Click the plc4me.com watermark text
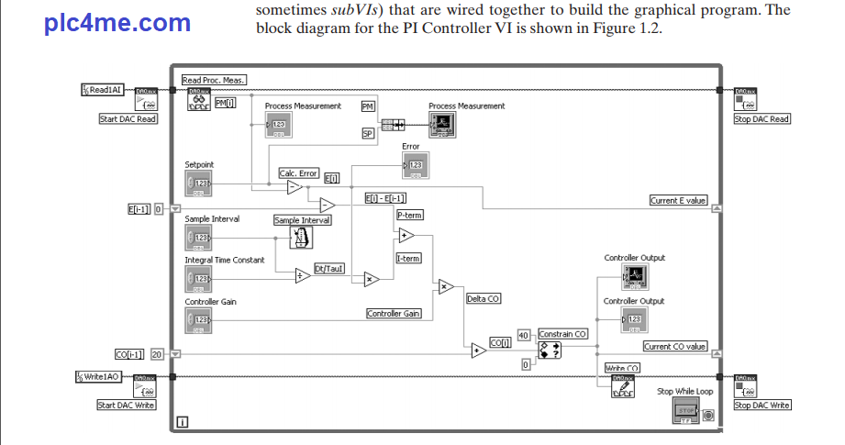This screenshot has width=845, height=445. click(117, 23)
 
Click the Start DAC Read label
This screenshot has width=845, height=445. click(128, 119)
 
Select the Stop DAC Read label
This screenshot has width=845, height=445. click(762, 119)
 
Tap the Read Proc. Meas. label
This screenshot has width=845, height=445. click(215, 81)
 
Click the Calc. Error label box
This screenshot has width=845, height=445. click(298, 172)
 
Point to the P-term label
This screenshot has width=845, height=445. click(409, 215)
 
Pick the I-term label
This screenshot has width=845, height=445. click(408, 259)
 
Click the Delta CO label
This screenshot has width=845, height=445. click(484, 299)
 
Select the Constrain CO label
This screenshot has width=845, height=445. click(562, 334)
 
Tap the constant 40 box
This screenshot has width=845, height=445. click(525, 334)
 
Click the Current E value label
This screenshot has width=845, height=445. click(679, 201)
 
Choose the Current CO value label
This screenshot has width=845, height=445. click(675, 347)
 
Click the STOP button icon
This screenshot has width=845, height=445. click(686, 410)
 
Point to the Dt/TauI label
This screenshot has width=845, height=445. click(329, 268)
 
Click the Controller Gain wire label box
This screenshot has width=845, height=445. click(394, 314)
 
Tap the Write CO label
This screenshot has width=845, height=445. click(622, 368)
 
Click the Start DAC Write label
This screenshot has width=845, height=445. click(127, 406)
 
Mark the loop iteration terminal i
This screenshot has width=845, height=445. click(183, 422)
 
